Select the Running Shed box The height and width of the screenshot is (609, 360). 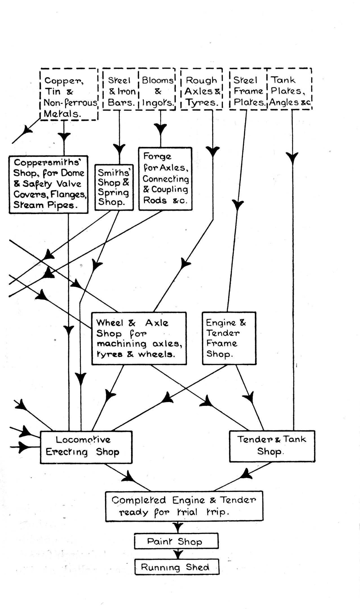click(x=177, y=567)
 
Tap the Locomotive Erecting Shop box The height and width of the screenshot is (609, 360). click(x=86, y=447)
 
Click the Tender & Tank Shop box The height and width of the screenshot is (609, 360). click(x=272, y=446)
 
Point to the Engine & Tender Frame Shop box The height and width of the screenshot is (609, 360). click(x=229, y=338)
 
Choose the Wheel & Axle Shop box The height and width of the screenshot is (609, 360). click(x=139, y=338)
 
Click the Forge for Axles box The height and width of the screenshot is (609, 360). click(x=165, y=179)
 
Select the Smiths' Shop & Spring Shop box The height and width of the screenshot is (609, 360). click(x=114, y=187)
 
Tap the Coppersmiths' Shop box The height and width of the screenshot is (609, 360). click(x=48, y=184)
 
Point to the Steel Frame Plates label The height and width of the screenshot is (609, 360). click(x=248, y=91)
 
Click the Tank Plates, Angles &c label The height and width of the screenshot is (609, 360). click(x=290, y=91)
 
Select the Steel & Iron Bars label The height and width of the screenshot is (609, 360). click(x=121, y=91)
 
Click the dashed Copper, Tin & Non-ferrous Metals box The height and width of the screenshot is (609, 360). click(x=69, y=94)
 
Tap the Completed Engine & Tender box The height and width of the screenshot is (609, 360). click(x=184, y=506)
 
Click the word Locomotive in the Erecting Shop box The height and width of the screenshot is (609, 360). click(x=83, y=440)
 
